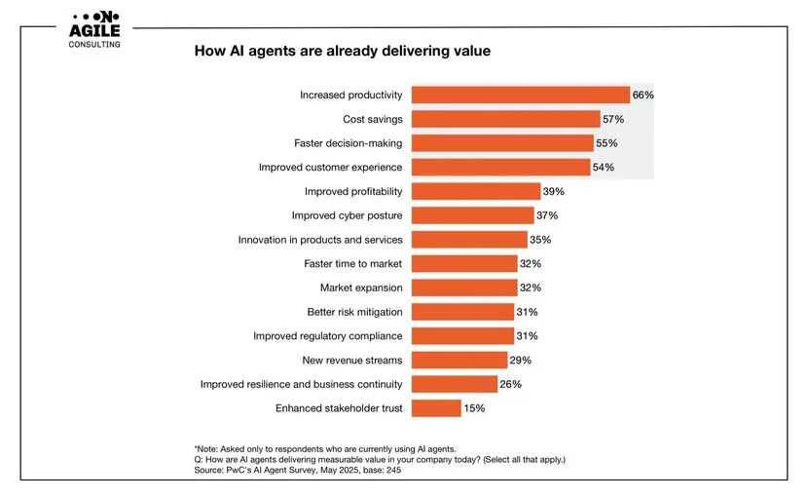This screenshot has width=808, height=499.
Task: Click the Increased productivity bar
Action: [x=520, y=95]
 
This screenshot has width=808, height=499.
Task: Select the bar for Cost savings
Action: [x=505, y=119]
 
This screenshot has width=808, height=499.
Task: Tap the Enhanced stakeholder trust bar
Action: [x=436, y=408]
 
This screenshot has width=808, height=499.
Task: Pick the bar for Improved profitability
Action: [x=475, y=191]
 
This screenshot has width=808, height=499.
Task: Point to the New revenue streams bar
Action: [x=459, y=361]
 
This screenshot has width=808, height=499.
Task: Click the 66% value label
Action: [x=643, y=95]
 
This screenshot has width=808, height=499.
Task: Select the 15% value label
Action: [x=474, y=408]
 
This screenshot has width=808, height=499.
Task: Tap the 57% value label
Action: [x=612, y=119]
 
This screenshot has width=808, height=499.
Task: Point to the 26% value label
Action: [x=510, y=384]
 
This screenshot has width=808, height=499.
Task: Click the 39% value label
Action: [x=554, y=191]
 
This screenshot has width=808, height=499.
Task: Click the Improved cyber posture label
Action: [x=347, y=215]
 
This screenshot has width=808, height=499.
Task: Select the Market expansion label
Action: [x=361, y=288]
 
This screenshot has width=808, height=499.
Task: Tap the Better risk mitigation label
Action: [x=354, y=312]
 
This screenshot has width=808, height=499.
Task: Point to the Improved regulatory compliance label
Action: [x=327, y=336]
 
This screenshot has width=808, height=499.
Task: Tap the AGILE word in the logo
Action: [x=95, y=30]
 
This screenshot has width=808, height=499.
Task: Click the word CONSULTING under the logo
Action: [x=95, y=45]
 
